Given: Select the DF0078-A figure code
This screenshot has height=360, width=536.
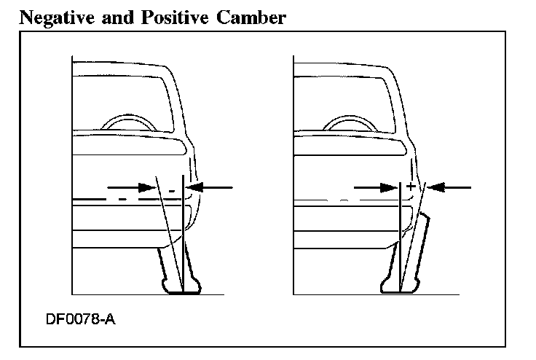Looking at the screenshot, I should click(82, 320).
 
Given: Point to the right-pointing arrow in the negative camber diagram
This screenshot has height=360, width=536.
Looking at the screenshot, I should click(133, 187).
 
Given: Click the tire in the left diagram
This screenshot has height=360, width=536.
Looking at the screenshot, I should click(178, 273).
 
